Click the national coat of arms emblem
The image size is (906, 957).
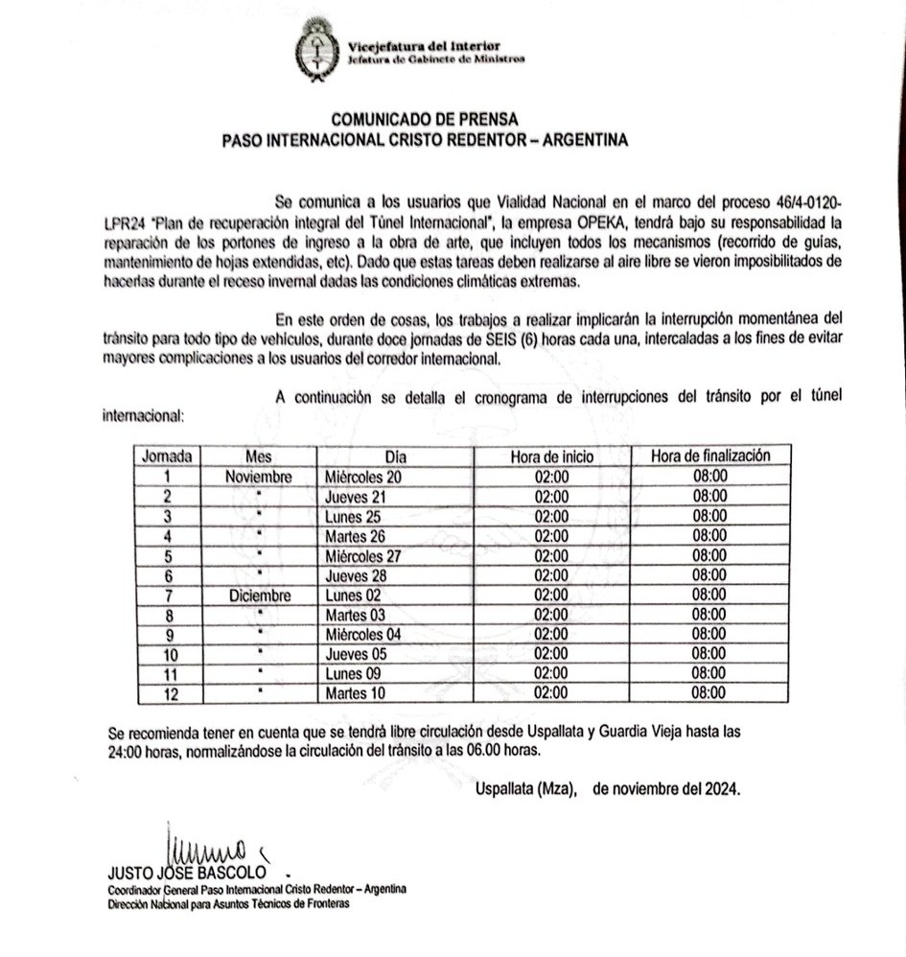(314, 49)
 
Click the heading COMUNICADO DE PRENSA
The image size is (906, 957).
(425, 120)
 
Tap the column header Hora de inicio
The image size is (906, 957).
(551, 456)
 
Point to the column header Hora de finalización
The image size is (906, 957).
(709, 456)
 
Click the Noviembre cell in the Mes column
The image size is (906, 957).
(259, 477)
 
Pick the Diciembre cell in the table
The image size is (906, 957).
(259, 595)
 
